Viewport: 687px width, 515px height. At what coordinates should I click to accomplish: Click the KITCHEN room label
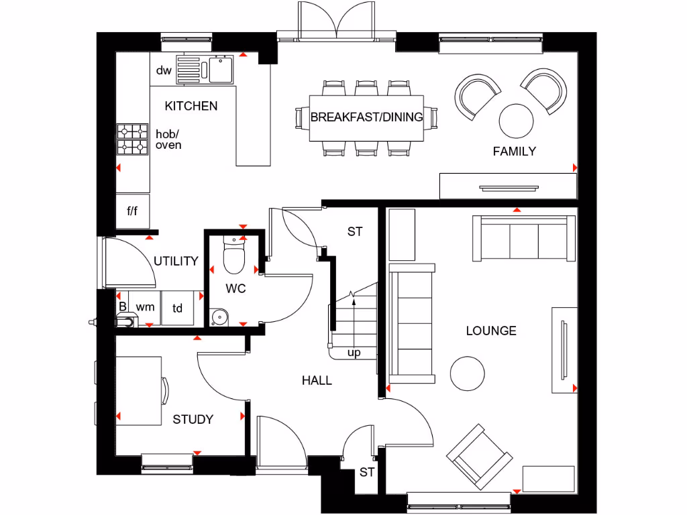click(x=191, y=106)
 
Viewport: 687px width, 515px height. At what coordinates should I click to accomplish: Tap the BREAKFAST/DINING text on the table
click(x=366, y=117)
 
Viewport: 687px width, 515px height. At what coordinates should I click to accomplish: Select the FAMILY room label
click(x=514, y=152)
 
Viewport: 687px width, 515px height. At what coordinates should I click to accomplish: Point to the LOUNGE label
click(x=491, y=331)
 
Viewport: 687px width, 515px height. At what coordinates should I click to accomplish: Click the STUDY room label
click(x=193, y=420)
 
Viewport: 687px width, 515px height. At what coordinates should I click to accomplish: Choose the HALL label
click(x=317, y=381)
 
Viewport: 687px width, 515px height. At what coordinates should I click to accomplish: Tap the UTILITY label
click(x=176, y=261)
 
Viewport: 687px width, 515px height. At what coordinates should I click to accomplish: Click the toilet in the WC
click(x=233, y=257)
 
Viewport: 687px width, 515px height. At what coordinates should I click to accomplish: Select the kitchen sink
click(x=219, y=68)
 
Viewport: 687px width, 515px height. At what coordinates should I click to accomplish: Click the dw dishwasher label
click(x=164, y=70)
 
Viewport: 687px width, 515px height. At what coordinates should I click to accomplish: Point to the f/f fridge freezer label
click(x=132, y=211)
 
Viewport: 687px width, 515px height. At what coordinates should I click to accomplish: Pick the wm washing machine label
click(x=145, y=307)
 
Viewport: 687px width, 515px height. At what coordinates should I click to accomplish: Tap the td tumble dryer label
click(x=178, y=308)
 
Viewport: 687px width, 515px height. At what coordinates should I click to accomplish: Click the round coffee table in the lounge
click(x=467, y=374)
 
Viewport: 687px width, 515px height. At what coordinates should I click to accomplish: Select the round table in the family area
click(x=517, y=120)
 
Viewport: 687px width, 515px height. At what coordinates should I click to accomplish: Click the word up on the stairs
click(x=354, y=353)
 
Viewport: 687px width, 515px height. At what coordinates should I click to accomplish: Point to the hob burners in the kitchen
click(x=132, y=139)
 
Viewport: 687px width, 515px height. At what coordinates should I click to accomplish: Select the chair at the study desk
click(x=165, y=391)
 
